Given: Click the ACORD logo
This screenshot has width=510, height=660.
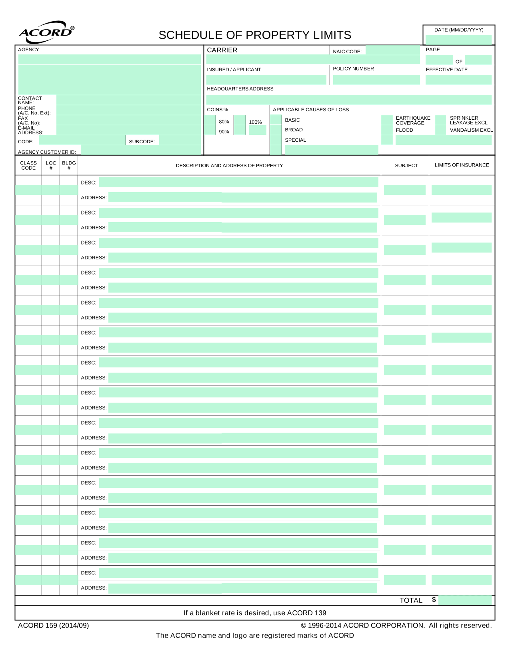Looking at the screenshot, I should click(46, 32).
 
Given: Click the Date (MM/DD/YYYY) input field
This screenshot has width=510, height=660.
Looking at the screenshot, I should click(458, 40).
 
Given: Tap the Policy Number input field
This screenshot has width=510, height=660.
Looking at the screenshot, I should click(376, 80).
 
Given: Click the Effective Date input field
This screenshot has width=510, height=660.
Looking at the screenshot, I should click(458, 80).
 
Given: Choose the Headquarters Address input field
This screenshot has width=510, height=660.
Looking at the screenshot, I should click(348, 100).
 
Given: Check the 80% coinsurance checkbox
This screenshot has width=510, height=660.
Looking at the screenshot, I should click(210, 120).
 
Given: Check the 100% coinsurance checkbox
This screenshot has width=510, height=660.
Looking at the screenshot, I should click(240, 120).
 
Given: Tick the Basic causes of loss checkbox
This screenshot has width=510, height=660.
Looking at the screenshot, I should click(276, 120).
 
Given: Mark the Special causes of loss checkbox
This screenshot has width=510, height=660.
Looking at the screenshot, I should click(276, 140).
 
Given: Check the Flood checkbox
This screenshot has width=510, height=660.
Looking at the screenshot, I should click(387, 130).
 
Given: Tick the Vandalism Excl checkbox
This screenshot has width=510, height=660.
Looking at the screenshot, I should click(441, 130).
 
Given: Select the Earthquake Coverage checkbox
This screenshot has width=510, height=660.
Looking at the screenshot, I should click(387, 120).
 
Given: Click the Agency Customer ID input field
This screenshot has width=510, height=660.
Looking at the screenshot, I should click(140, 150).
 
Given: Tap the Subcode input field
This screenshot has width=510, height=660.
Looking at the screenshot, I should click(180, 140).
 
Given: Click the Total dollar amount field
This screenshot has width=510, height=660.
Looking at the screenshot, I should click(465, 600).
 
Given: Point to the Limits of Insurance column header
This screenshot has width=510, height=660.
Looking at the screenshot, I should click(462, 165).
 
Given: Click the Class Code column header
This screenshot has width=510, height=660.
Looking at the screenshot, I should click(28, 165).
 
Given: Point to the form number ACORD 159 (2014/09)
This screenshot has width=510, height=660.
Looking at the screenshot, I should click(54, 625).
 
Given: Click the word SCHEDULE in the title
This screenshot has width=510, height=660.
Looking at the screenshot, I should click(190, 35).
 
